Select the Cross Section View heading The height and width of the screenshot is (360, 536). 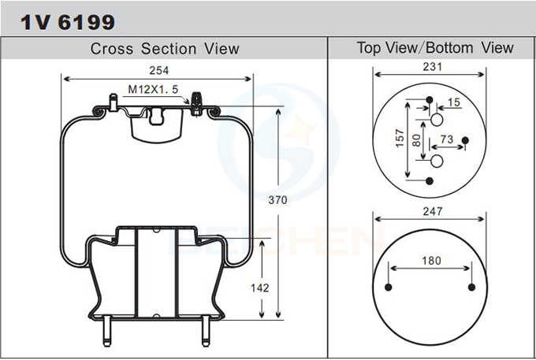point(164,49)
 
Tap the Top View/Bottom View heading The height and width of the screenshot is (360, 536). point(434,48)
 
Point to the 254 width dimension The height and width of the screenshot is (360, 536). point(156,71)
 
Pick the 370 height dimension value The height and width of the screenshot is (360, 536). point(277,200)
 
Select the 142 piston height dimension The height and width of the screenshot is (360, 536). point(260,288)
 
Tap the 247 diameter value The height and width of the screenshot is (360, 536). point(432,211)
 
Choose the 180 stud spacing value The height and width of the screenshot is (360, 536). point(430,261)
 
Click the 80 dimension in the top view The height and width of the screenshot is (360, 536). point(416,139)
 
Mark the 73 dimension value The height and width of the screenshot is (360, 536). point(446,139)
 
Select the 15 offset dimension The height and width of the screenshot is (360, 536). point(453,102)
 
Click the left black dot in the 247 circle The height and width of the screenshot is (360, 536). point(389,287)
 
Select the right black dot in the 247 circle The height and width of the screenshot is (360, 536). point(471,287)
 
